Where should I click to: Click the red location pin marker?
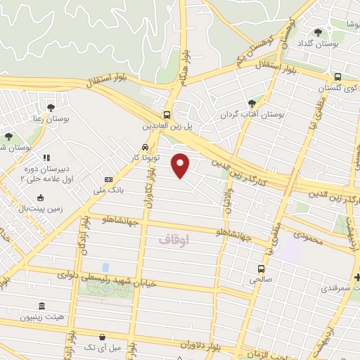pyautogui.click(x=181, y=165)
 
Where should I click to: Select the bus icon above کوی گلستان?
pyautogui.click(x=338, y=77)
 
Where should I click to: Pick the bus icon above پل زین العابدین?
pyautogui.click(x=167, y=115)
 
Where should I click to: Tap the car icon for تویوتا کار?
pyautogui.click(x=144, y=148)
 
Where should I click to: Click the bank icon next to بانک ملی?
pyautogui.click(x=108, y=179)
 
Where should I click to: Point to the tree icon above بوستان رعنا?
pyautogui.click(x=51, y=108)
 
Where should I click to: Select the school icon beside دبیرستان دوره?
pyautogui.click(x=46, y=157)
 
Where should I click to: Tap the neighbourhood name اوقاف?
pyautogui.click(x=174, y=240)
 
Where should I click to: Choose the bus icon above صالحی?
pyautogui.click(x=262, y=269)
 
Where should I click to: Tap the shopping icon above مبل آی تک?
pyautogui.click(x=103, y=337)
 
